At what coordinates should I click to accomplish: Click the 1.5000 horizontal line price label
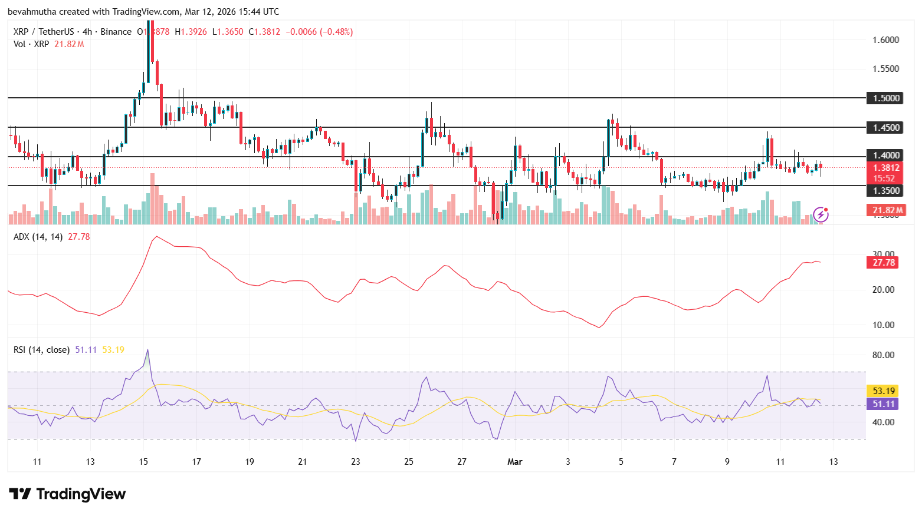click(886, 98)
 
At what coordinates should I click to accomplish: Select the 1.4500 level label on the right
click(886, 127)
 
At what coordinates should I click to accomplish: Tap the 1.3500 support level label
click(886, 190)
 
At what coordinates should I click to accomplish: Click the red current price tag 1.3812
click(886, 168)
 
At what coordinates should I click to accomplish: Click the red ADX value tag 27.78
click(883, 263)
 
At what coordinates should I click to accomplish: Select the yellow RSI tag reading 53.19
click(883, 391)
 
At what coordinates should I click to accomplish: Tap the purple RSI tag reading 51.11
click(883, 404)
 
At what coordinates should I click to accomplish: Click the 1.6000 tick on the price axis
click(885, 40)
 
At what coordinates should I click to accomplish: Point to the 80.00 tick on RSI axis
click(883, 355)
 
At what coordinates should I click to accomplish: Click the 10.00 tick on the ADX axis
click(883, 325)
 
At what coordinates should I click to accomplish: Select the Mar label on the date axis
click(514, 462)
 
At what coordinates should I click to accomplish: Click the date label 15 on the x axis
click(143, 462)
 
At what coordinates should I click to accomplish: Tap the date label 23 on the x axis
click(356, 462)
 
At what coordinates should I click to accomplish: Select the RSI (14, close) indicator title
click(41, 350)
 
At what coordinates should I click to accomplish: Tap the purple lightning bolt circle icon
click(821, 214)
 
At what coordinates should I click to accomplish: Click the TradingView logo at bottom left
click(67, 494)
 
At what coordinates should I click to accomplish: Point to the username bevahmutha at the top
click(33, 12)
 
